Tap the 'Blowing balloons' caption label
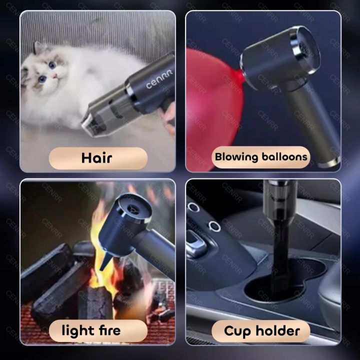point(261,157)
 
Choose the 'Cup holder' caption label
point(261,330)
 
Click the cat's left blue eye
point(42,78)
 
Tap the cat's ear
point(40,48)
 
